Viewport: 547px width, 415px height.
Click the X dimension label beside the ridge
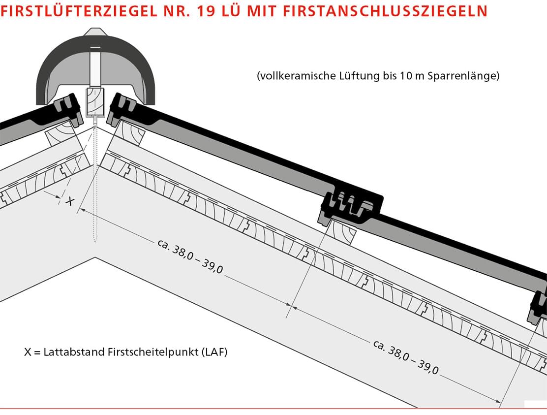70,201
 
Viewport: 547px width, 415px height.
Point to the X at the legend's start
28,352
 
